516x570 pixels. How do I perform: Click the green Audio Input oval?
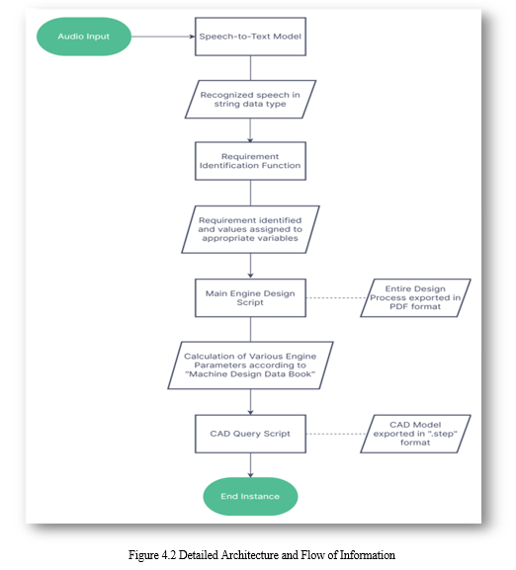pos(84,37)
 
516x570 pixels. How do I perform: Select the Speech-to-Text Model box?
pos(250,37)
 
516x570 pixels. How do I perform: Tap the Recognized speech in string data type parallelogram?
pos(250,99)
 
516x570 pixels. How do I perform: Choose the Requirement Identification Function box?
pos(250,161)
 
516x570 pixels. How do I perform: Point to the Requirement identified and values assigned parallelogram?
pos(250,229)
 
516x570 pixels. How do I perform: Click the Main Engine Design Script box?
pos(250,297)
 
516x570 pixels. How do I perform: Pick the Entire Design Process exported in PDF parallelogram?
pos(415,297)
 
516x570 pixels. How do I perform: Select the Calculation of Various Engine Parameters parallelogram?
pos(250,366)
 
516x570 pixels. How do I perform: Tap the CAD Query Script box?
pos(250,434)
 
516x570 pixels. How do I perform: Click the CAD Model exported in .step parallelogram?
pos(415,434)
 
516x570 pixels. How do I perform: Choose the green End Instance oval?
pos(250,497)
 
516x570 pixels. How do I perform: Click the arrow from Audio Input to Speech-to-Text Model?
pos(163,37)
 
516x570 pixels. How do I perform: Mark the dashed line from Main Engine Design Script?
pos(336,297)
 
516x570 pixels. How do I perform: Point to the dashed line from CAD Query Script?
pos(336,434)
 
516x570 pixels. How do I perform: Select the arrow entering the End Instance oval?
pos(250,465)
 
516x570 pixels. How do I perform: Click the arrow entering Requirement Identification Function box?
pos(250,130)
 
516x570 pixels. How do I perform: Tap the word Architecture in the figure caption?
pos(250,555)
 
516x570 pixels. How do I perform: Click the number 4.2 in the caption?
pos(169,555)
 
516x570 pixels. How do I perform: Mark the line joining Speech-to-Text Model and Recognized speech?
pos(250,68)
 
